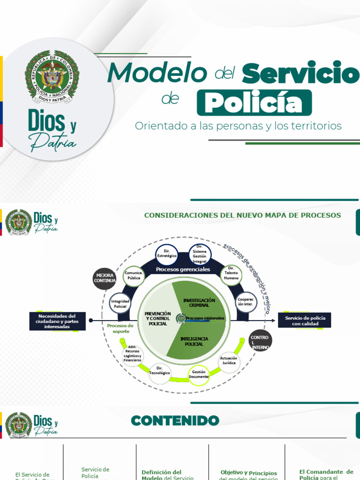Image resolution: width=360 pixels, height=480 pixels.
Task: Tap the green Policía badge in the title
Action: (x=254, y=103)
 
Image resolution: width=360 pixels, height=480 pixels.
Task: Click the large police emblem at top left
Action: (x=52, y=77)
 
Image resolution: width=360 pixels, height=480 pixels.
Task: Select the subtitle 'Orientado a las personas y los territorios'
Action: (x=238, y=126)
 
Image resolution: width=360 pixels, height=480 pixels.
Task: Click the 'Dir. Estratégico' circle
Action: (x=167, y=255)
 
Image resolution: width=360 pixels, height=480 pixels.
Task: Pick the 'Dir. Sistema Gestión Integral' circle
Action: (x=200, y=255)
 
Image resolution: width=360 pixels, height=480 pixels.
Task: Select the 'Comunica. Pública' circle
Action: (x=134, y=275)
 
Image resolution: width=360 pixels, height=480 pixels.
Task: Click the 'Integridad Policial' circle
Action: (x=120, y=303)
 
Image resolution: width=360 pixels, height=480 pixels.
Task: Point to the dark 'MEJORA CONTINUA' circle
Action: (x=104, y=278)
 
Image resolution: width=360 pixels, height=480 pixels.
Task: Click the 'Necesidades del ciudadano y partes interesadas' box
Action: (x=57, y=321)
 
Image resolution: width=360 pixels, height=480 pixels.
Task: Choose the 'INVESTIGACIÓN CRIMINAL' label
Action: (x=199, y=302)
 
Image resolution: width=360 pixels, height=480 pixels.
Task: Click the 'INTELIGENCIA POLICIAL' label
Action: (x=194, y=341)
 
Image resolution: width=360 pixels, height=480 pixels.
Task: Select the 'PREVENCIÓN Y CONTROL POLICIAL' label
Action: (x=157, y=318)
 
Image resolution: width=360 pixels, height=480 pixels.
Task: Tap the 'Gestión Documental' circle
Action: (x=199, y=375)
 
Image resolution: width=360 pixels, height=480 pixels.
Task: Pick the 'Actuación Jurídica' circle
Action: (x=229, y=360)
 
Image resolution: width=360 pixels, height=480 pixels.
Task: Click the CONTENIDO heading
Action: (x=175, y=420)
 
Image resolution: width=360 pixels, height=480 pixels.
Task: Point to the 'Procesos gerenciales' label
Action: (x=183, y=270)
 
